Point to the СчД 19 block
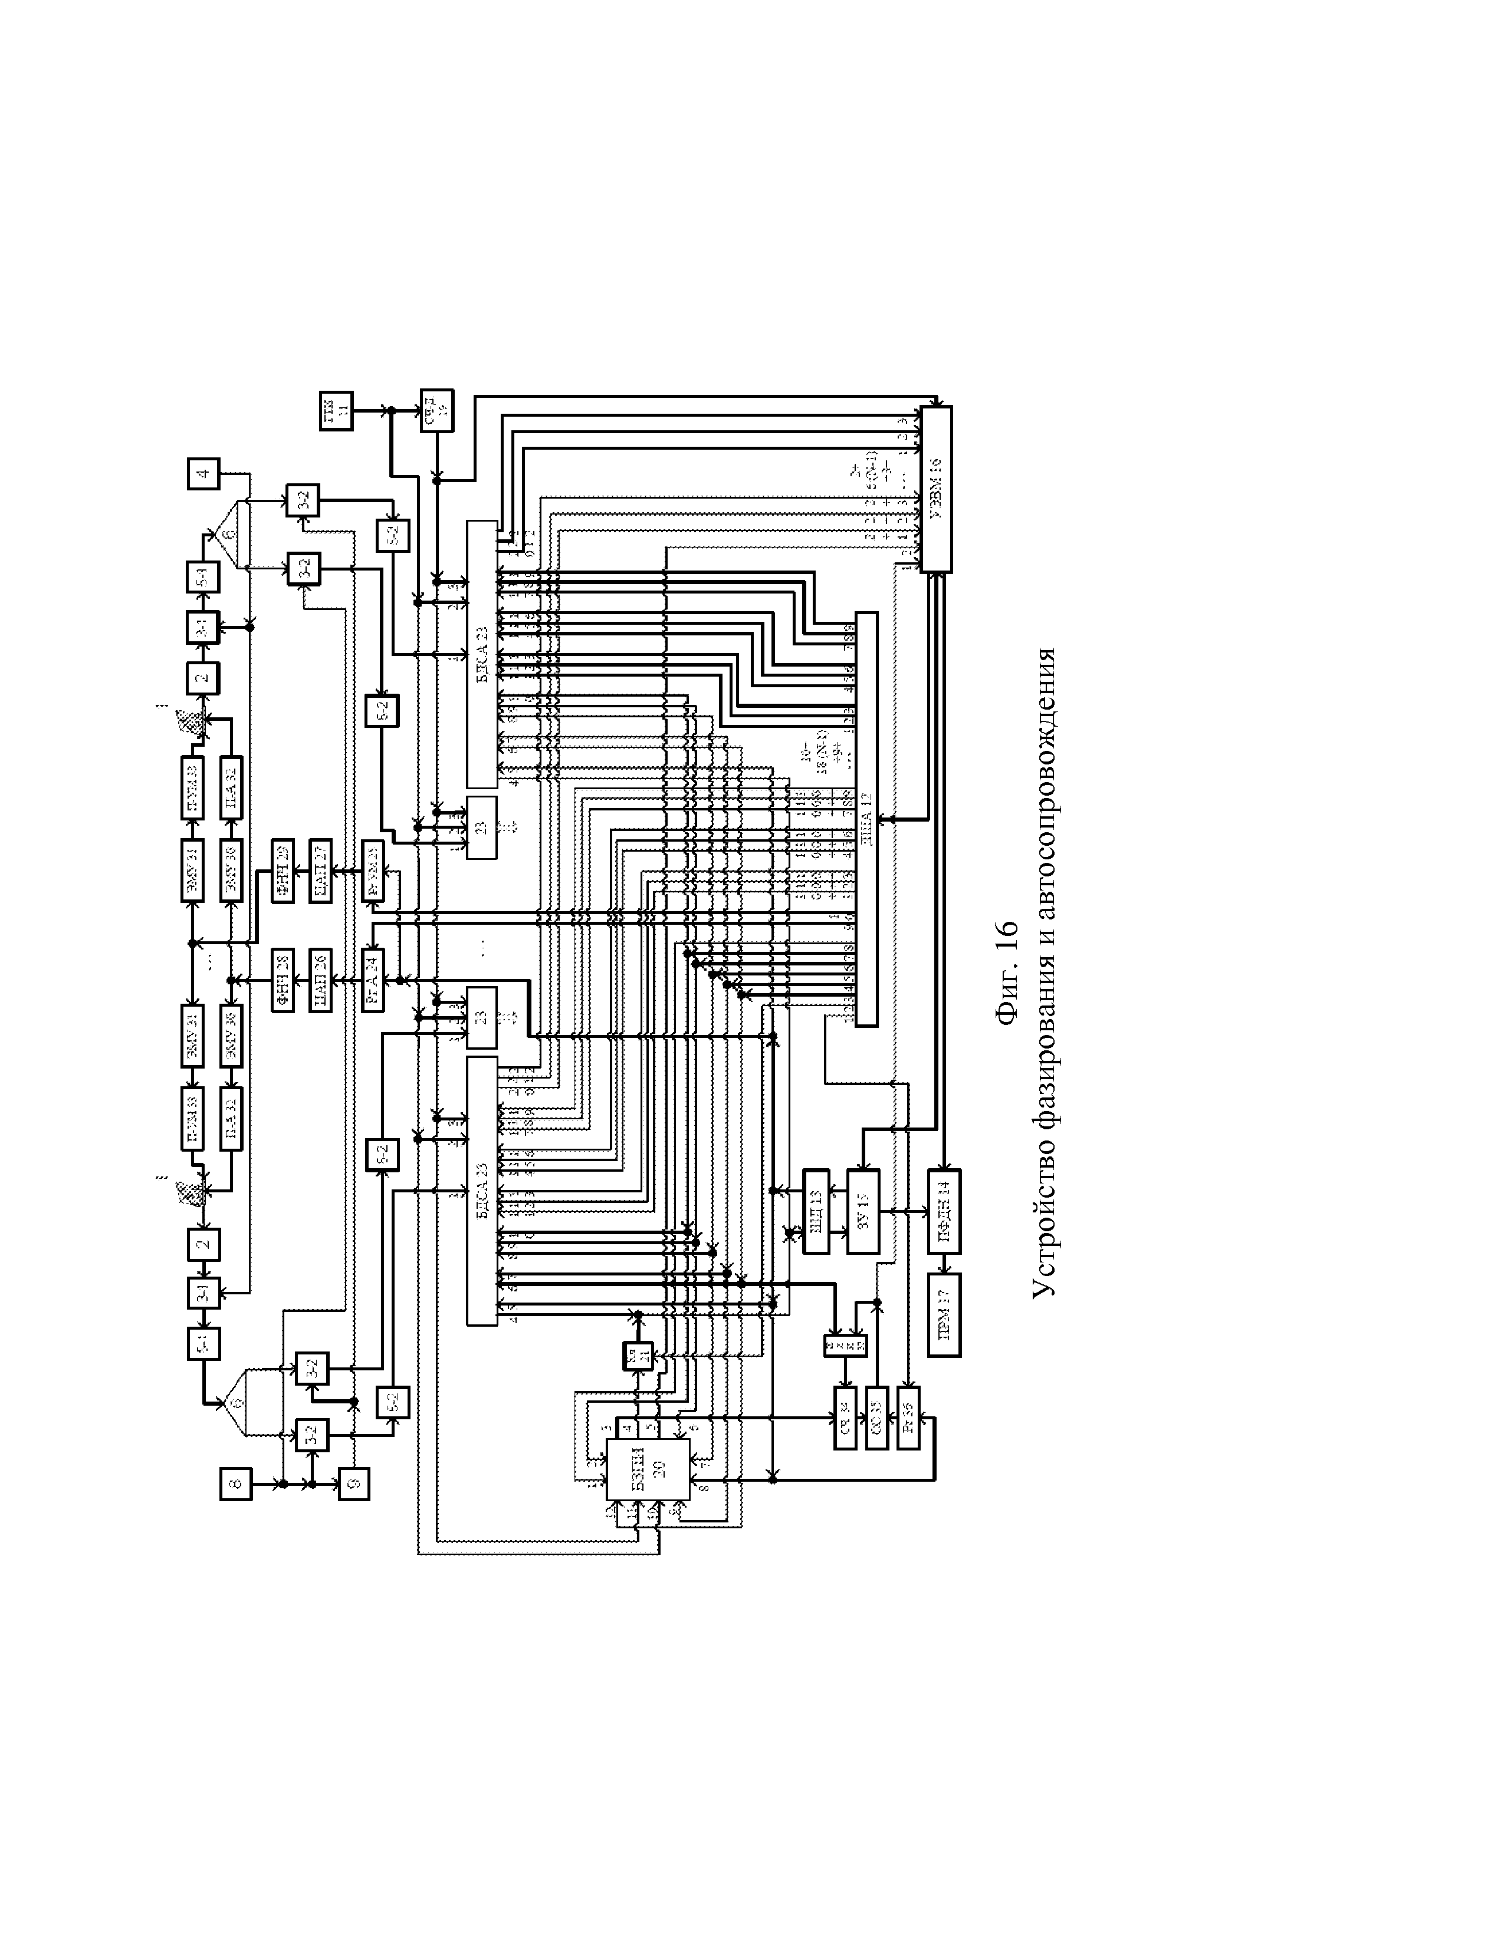click(436, 411)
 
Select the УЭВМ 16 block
click(935, 489)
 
